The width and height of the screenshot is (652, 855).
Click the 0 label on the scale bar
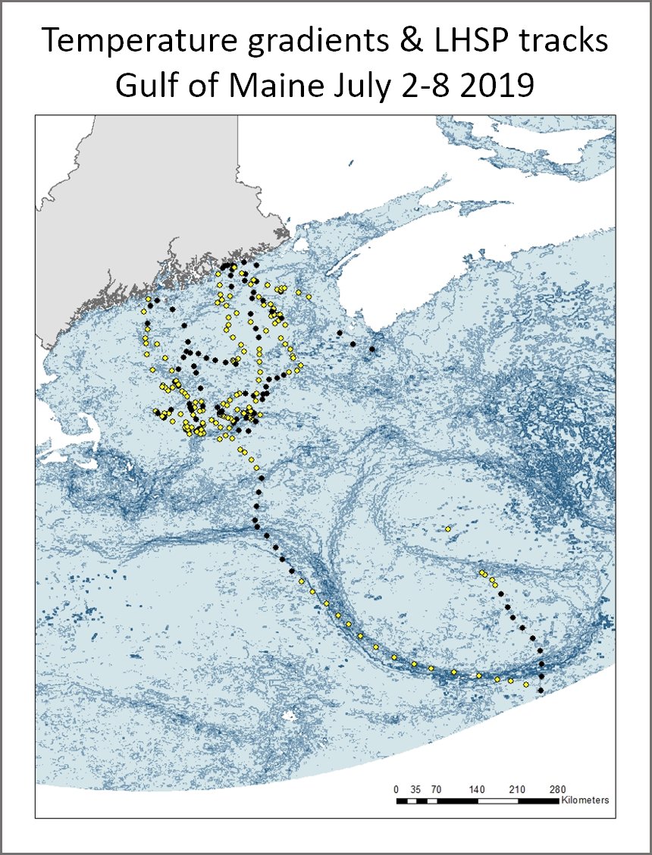pos(397,789)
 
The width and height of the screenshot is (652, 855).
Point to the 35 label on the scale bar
pos(415,789)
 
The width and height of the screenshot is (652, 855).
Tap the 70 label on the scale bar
pos(437,789)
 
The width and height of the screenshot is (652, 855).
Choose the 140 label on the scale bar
pos(477,789)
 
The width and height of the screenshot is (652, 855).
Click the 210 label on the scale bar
pos(518,789)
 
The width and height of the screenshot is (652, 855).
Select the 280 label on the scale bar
pos(558,789)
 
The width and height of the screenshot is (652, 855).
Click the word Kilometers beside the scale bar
pos(585,800)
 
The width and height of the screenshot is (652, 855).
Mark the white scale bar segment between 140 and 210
pos(498,800)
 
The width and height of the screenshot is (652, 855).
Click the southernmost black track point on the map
pos(541,691)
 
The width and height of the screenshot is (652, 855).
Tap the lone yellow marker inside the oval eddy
pos(448,528)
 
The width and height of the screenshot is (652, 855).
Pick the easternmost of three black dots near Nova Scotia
pos(372,349)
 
